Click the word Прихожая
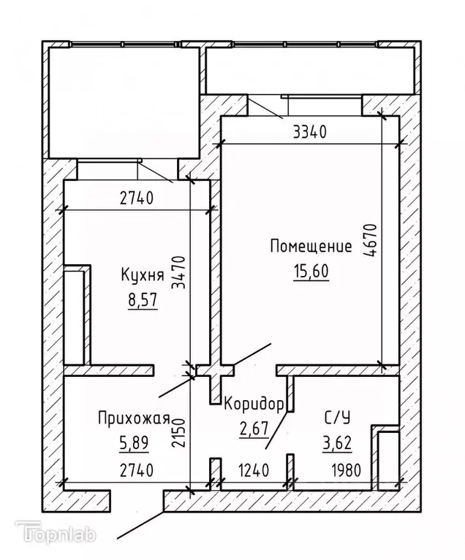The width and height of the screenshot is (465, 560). (134, 418)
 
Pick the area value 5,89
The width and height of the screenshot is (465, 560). (133, 443)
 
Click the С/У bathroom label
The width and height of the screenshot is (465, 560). (337, 418)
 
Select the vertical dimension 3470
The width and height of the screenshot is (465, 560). (180, 272)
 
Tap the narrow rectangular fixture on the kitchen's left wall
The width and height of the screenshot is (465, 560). (77, 315)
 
